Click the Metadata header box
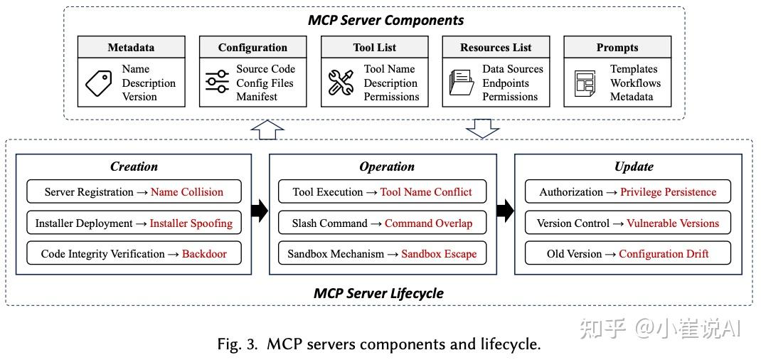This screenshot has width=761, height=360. coord(131,48)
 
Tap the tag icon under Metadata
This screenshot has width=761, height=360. coord(98,83)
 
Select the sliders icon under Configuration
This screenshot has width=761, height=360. coord(217,83)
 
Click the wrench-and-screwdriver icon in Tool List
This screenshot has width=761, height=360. coord(341,83)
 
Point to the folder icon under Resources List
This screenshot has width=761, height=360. coord(461,83)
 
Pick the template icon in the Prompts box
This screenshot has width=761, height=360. coord(584,84)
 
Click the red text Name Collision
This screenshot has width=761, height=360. coord(186,192)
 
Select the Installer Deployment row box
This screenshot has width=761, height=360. coord(134,223)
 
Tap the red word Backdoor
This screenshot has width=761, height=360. coord(204,254)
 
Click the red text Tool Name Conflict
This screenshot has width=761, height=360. coord(425,192)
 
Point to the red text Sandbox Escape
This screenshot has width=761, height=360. coord(439,254)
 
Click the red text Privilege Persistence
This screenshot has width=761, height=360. coord(668,192)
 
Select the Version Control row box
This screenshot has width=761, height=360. coord(627,223)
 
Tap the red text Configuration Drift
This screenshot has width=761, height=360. coord(664,254)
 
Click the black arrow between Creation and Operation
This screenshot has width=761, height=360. coord(260,211)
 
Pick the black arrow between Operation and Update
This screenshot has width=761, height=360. coord(504,211)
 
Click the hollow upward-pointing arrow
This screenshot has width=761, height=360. coord(267,130)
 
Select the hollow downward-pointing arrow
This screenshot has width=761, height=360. coord(482,129)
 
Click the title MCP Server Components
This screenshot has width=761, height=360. coord(385,20)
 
